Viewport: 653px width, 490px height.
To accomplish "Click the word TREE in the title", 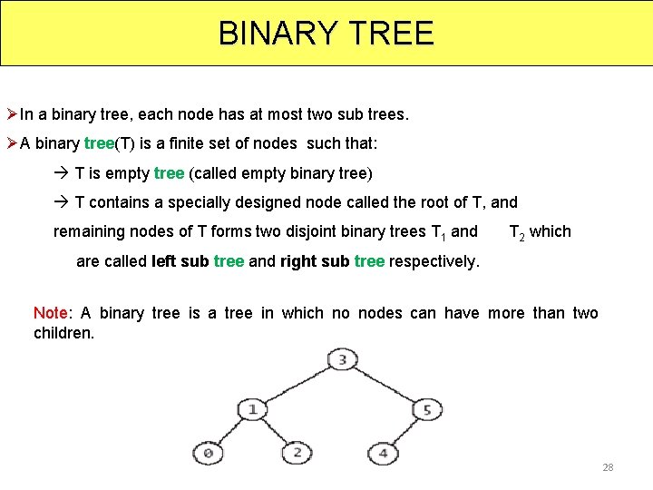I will [389, 34].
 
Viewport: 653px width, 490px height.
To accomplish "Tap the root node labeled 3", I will [341, 360].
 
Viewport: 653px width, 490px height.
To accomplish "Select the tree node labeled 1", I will [253, 409].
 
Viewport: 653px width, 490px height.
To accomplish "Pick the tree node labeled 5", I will [427, 410].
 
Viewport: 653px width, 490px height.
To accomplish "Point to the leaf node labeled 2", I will [297, 452].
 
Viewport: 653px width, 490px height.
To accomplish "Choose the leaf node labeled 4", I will [384, 452].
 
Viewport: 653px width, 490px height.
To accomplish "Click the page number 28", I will [608, 467].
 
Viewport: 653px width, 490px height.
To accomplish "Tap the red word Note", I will [51, 313].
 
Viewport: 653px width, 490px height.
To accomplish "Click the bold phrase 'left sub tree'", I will [198, 261].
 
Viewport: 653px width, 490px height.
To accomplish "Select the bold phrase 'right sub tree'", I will [332, 261].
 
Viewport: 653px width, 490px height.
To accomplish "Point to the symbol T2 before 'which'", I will [517, 232].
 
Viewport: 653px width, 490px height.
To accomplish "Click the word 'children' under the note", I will [63, 333].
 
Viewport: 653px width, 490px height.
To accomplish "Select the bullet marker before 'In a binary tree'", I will [12, 115].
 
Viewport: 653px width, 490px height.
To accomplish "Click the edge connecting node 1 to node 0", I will [230, 431].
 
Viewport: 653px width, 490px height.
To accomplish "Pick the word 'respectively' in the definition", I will [433, 261].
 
